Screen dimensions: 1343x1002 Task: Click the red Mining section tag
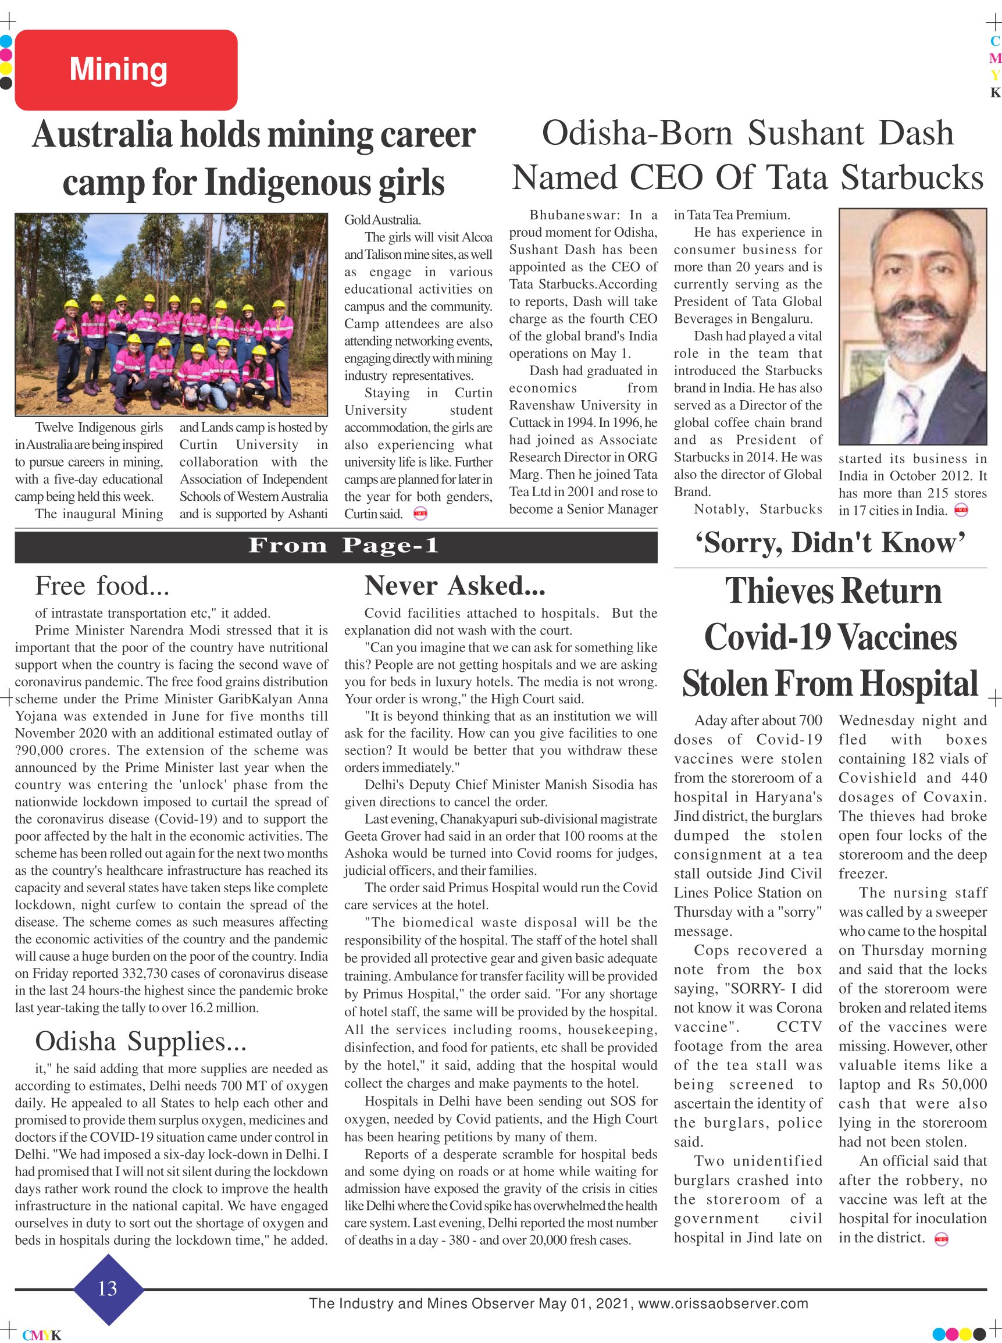[126, 70]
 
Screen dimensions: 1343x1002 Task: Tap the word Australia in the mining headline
[102, 135]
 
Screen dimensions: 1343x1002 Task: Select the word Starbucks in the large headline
[912, 178]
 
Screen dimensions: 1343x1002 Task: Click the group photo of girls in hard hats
[170, 314]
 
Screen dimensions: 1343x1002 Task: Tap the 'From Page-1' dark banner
[336, 546]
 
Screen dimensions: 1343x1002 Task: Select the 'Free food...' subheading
[102, 586]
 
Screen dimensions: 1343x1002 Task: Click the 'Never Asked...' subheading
[454, 586]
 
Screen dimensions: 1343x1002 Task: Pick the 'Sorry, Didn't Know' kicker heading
[830, 542]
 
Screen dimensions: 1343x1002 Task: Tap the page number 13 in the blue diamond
[108, 1289]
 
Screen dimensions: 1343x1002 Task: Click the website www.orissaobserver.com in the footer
[722, 1303]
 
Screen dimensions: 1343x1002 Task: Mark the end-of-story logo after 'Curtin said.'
[420, 514]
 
